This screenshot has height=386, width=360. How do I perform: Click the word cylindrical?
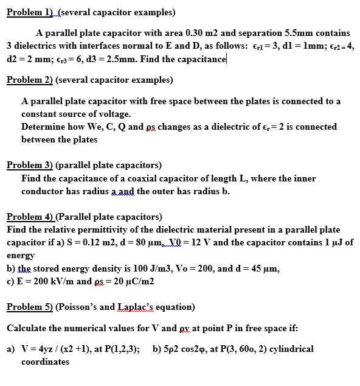click(x=290, y=349)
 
